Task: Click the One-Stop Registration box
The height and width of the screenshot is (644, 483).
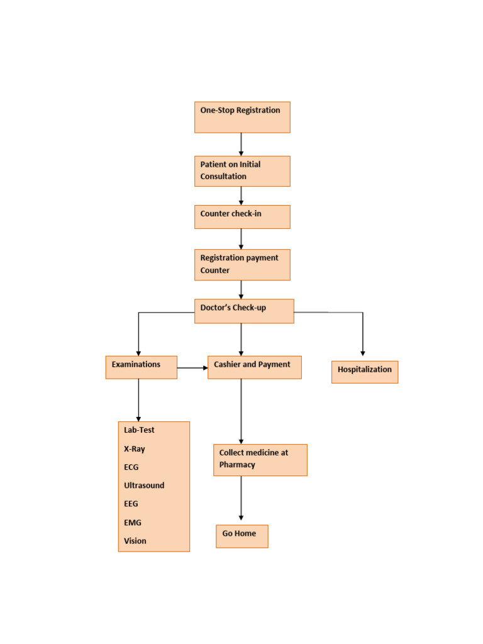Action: tap(242, 117)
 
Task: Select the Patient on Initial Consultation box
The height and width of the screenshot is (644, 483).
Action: tap(242, 171)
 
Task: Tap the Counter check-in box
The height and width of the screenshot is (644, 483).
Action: tap(242, 216)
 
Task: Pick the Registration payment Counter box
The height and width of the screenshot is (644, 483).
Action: tap(242, 265)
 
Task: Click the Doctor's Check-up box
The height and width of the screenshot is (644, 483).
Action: tap(244, 311)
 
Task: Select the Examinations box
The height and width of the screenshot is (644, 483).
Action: tap(141, 367)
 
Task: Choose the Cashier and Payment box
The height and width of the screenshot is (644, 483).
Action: tap(254, 367)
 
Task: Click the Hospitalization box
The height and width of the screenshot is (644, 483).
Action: tap(365, 372)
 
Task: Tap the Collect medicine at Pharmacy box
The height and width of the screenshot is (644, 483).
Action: tap(260, 460)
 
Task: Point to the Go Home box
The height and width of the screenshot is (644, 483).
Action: tap(241, 536)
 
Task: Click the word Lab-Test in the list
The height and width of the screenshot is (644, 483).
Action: tap(139, 430)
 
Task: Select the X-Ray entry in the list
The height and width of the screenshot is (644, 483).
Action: tap(135, 449)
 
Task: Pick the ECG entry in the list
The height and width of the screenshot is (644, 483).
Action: tap(131, 467)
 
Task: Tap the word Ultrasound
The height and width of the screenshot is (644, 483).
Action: tap(144, 486)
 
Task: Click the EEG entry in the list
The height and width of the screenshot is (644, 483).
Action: tap(131, 504)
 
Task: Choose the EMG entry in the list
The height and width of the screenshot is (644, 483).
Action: tap(133, 522)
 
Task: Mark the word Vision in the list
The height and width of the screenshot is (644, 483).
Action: tap(135, 541)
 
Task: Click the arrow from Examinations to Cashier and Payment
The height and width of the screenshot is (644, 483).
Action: tap(192, 368)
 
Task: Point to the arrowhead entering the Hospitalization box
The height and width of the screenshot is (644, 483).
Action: tap(363, 353)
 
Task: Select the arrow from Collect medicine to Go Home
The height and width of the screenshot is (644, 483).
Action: tap(241, 498)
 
